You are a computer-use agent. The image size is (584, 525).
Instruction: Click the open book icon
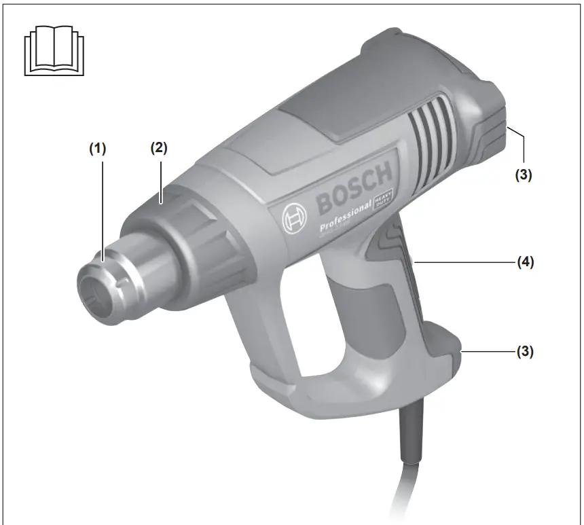pyautogui.click(x=54, y=51)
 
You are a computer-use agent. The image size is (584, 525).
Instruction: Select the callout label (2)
pyautogui.click(x=158, y=149)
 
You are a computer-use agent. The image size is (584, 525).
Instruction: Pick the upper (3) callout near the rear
pyautogui.click(x=523, y=175)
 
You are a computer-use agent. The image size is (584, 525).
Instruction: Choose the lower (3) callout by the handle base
pyautogui.click(x=523, y=352)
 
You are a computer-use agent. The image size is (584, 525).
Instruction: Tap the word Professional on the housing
pyautogui.click(x=345, y=217)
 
